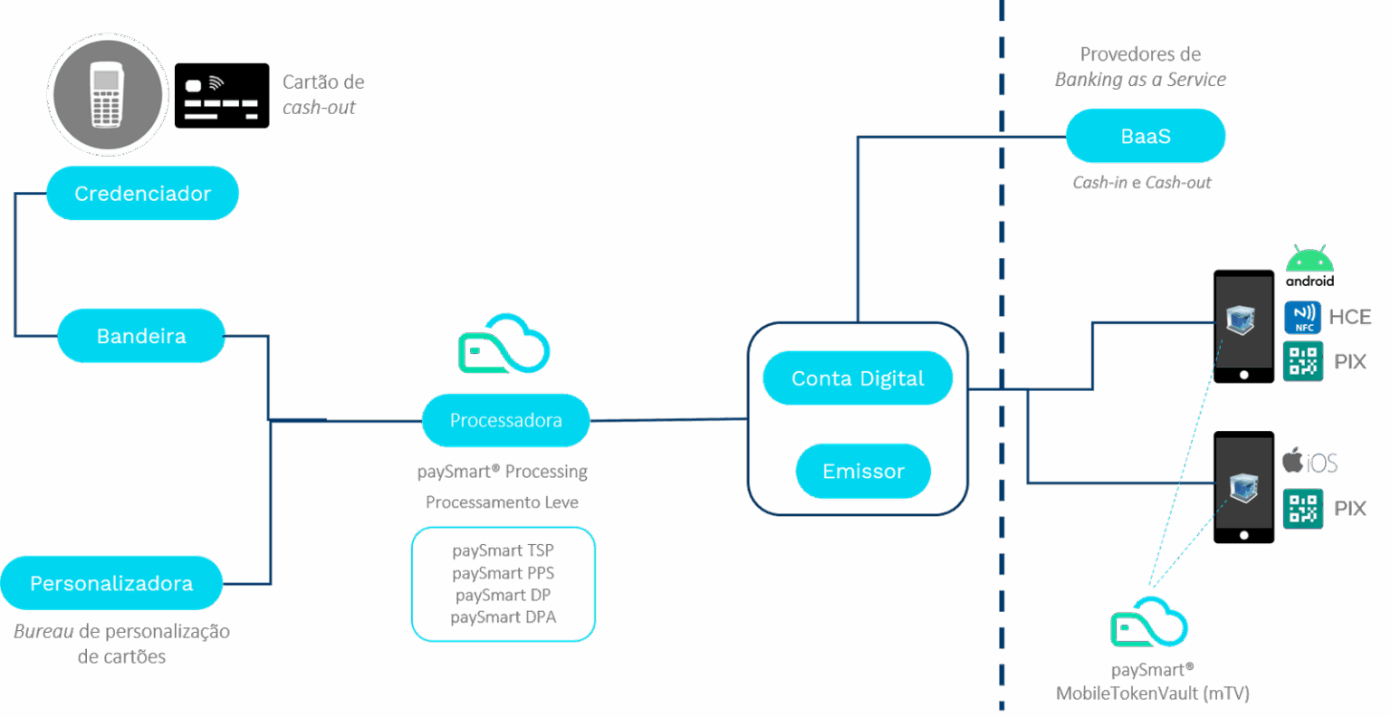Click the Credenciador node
coord(142,194)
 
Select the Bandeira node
coord(141,336)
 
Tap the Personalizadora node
coord(111,584)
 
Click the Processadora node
coord(505,420)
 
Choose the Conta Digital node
coord(858,378)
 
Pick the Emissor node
coord(863,471)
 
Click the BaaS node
coord(1146,137)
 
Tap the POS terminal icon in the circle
coord(107,95)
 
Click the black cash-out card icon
coord(222,95)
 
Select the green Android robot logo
coord(1309,263)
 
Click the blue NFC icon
coord(1303,317)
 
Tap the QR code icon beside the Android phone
coord(1303,361)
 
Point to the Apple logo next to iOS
coord(1292,461)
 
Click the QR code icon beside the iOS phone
coord(1303,509)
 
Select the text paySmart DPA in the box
coord(504,617)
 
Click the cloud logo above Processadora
coord(504,344)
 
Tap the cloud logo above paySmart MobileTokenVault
coord(1149,622)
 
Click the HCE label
coord(1349,317)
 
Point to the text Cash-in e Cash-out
coord(1142,183)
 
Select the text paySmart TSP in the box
coord(504,550)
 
